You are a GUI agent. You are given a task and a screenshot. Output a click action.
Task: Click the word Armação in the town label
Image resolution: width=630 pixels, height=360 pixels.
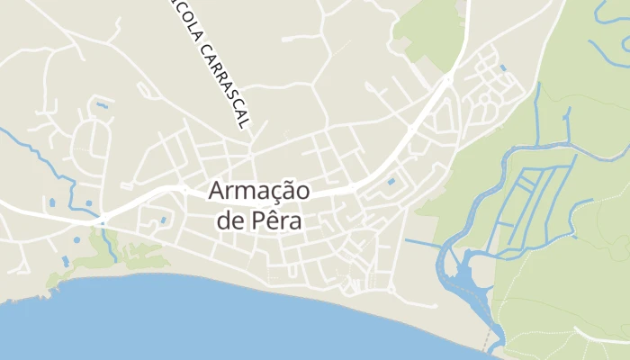pyautogui.click(x=260, y=192)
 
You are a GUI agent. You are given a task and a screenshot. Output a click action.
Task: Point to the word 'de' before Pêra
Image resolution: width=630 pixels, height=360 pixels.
pyautogui.click(x=229, y=220)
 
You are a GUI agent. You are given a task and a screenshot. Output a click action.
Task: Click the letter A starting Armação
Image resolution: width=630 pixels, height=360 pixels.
pyautogui.click(x=218, y=192)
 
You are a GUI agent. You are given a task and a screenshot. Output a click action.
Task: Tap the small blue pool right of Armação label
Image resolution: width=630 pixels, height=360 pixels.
pyautogui.click(x=391, y=183)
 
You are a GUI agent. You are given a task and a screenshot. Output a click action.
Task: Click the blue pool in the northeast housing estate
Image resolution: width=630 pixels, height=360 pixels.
pyautogui.click(x=501, y=68)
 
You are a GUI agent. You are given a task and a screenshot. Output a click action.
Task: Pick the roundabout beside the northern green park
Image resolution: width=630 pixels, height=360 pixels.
pyautogui.click(x=447, y=79)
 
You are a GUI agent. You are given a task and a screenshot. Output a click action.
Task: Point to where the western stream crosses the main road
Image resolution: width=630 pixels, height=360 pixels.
pyautogui.click(x=102, y=220)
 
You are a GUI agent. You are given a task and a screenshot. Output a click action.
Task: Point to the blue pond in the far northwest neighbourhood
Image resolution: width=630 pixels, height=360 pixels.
pyautogui.click(x=102, y=105)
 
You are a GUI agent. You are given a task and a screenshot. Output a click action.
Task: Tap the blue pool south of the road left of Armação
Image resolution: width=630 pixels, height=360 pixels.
pyautogui.click(x=163, y=219)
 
